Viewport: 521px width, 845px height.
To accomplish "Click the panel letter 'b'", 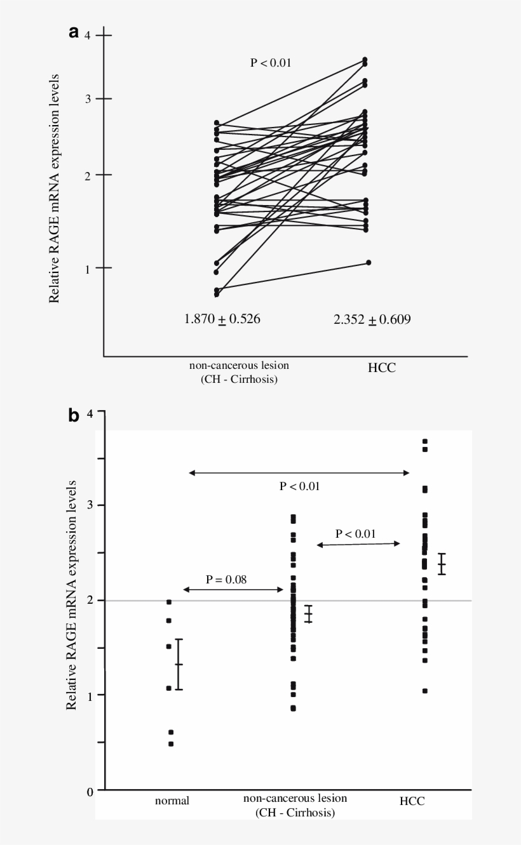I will point(74,416).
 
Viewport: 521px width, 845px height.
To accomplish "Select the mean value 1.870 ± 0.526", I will point(222,319).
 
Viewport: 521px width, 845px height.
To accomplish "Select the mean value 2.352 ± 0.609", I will point(372,319).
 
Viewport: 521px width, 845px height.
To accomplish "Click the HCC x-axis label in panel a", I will point(381,368).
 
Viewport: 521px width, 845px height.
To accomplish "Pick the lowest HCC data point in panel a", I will point(368,262).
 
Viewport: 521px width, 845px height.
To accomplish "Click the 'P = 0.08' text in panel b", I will point(226,579).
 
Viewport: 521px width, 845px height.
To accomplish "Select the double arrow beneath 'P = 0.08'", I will point(233,590).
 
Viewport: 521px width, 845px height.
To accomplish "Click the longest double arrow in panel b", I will point(299,472).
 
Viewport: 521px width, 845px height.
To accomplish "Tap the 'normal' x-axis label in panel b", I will point(172,801).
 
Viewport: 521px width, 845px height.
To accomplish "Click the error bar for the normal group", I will point(179,664).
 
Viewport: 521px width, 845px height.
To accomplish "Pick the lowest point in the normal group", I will point(171,743).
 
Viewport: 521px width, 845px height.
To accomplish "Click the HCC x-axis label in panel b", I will point(412,801).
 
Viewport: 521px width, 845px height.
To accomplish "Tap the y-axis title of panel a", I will point(55,188).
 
